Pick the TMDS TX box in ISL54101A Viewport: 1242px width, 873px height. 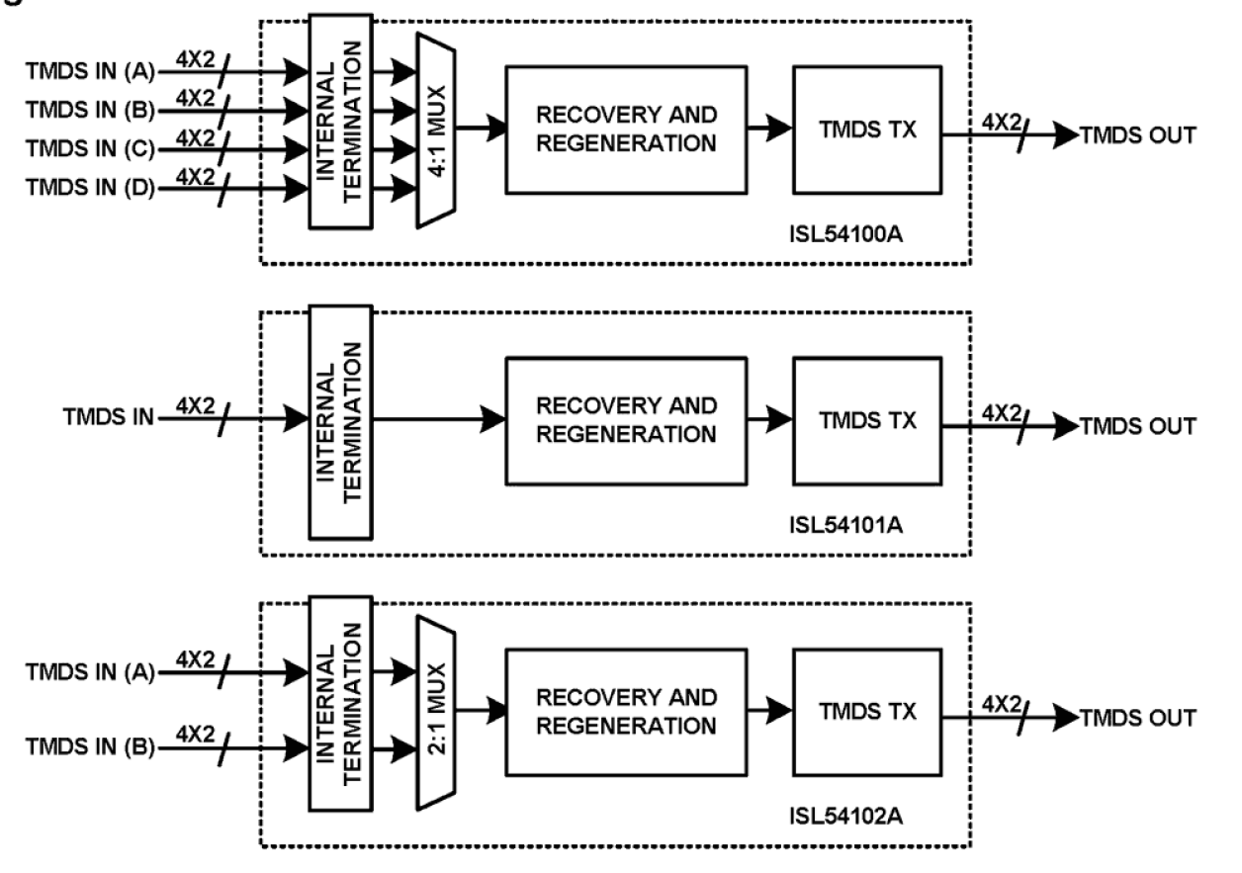866,419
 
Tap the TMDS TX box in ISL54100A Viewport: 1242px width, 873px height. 866,129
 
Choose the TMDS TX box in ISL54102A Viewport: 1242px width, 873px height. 866,712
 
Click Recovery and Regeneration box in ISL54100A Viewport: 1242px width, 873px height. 625,129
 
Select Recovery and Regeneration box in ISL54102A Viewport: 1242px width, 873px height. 625,712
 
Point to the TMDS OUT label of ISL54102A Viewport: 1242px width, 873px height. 1137,719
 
